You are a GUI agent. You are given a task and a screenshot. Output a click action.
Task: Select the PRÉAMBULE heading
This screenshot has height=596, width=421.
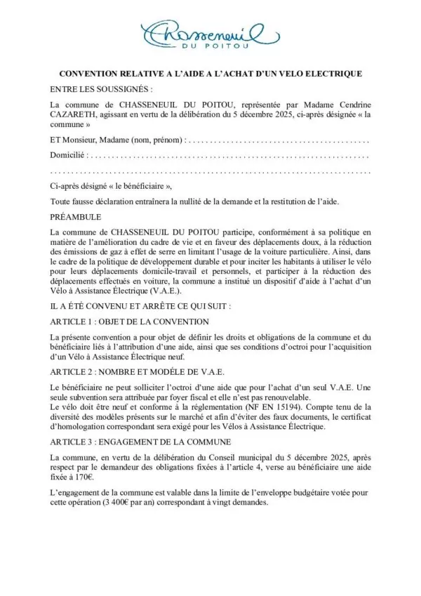click(x=76, y=217)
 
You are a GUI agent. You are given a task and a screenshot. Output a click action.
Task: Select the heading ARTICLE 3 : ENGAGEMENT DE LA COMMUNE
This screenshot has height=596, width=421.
click(x=148, y=444)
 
